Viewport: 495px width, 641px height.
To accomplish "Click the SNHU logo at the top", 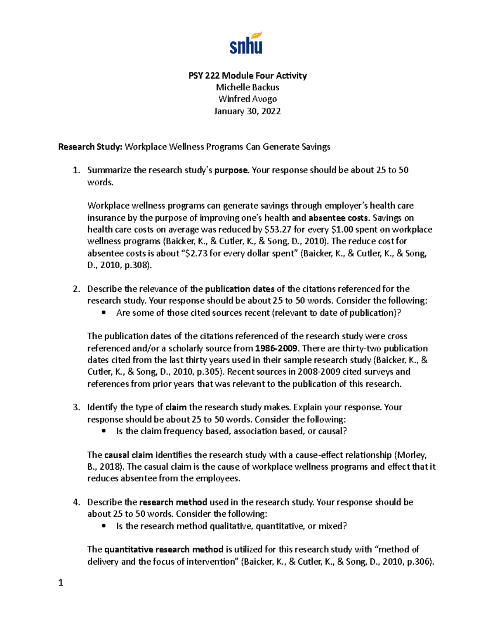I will (246, 43).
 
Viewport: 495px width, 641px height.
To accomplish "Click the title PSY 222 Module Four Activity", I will (247, 76).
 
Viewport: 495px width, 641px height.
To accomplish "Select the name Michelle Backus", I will (247, 87).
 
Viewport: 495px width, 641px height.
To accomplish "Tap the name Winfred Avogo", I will (247, 99).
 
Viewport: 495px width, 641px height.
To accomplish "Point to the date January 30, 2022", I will (247, 111).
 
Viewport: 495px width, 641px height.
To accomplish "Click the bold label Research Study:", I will (90, 147).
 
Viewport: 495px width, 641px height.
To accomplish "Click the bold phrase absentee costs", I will (338, 218).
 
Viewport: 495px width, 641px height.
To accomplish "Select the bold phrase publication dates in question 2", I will (240, 289).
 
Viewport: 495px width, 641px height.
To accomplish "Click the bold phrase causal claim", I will (128, 455).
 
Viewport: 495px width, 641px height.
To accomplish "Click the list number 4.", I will (76, 502).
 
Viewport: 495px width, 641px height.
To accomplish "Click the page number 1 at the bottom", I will (61, 583).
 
